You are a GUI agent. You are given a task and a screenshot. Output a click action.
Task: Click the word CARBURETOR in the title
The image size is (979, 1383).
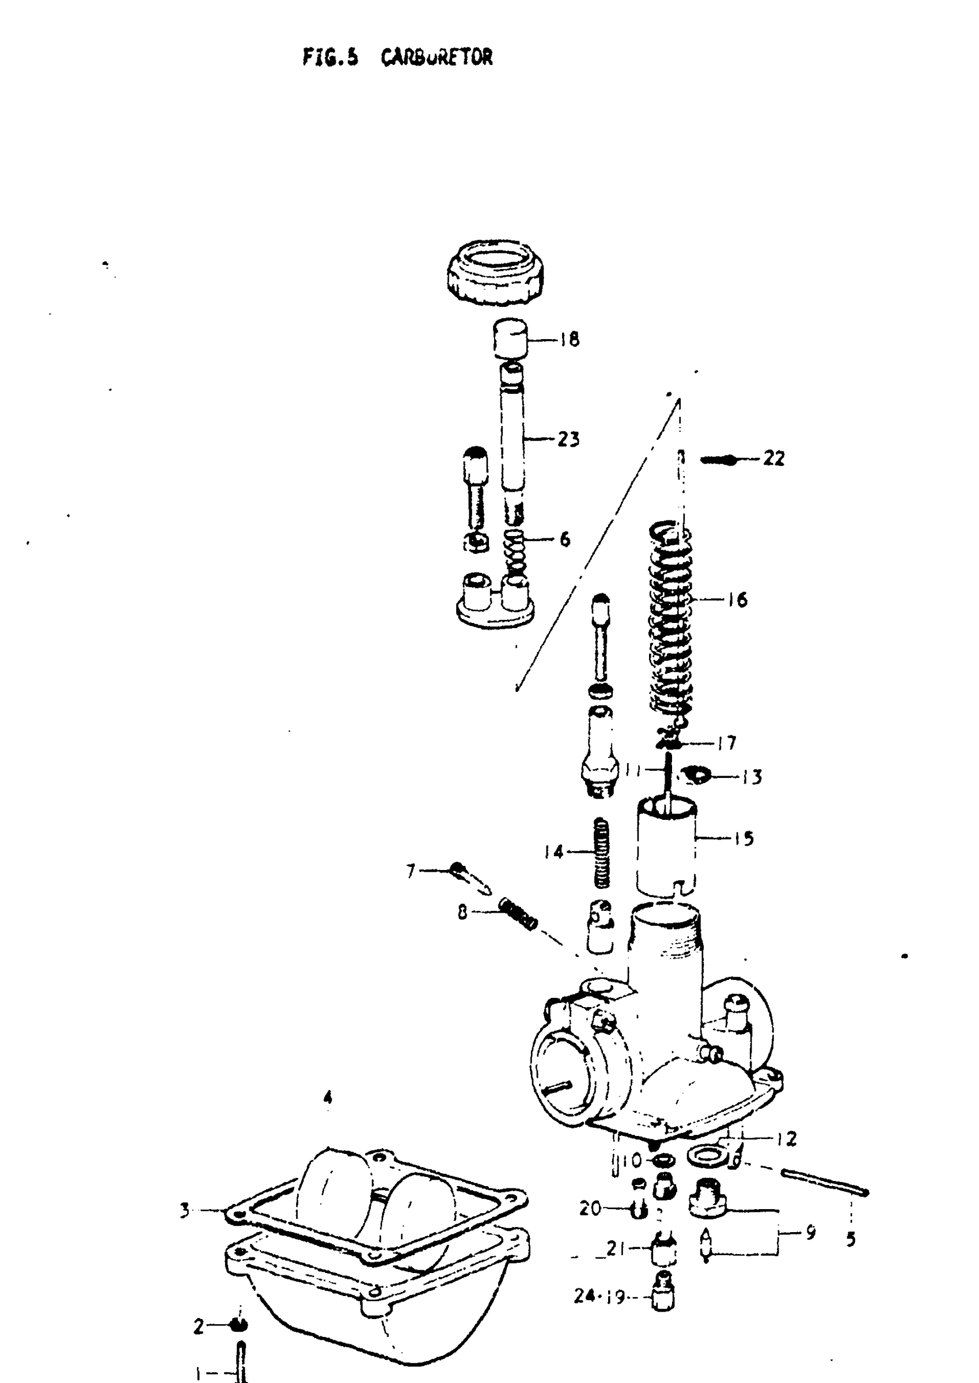tap(437, 58)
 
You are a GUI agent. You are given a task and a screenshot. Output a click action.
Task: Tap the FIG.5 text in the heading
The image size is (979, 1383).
tap(331, 58)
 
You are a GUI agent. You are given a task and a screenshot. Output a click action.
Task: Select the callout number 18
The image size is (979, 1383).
tap(569, 339)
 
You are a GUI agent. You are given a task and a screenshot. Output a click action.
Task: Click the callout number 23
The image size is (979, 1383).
tap(568, 439)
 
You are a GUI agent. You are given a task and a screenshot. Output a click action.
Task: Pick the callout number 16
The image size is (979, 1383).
tap(737, 599)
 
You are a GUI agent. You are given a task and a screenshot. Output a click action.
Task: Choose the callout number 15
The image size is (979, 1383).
tap(745, 838)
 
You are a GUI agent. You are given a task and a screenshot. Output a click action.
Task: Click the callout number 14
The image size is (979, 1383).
tap(553, 852)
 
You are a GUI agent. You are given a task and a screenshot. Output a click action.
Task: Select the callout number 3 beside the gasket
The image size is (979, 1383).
tap(185, 1210)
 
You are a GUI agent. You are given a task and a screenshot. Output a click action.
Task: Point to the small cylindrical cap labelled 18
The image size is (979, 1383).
tap(511, 340)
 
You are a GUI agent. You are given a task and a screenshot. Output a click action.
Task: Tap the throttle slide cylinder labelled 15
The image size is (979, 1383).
tap(666, 847)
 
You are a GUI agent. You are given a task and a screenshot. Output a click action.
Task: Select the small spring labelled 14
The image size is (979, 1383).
tap(602, 852)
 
